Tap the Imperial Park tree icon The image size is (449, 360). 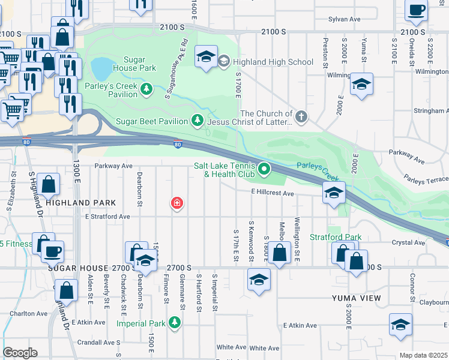point(175,323)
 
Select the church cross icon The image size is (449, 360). point(301,115)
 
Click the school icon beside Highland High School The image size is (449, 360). point(206,58)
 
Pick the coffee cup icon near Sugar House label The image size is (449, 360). point(53,251)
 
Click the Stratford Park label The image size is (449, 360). point(336,237)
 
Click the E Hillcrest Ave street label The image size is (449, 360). point(273,193)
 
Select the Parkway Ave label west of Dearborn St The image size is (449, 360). point(113,166)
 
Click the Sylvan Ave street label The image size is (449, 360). point(344,19)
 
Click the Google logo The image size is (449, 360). point(20,353)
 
